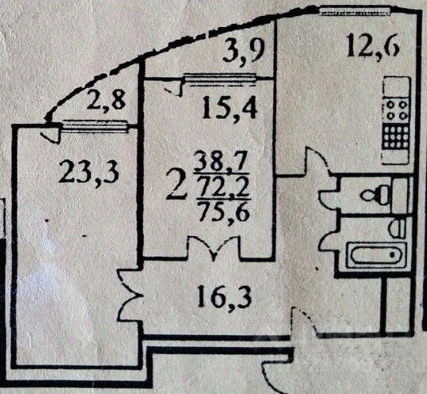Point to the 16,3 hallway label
click(223, 298)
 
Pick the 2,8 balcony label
click(106, 100)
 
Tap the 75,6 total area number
click(224, 211)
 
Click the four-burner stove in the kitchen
click(397, 110)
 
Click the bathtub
click(376, 255)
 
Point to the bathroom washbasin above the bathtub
click(397, 229)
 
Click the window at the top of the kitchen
click(355, 11)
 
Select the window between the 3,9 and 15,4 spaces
click(221, 79)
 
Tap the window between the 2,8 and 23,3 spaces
click(95, 126)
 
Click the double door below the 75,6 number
click(214, 248)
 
